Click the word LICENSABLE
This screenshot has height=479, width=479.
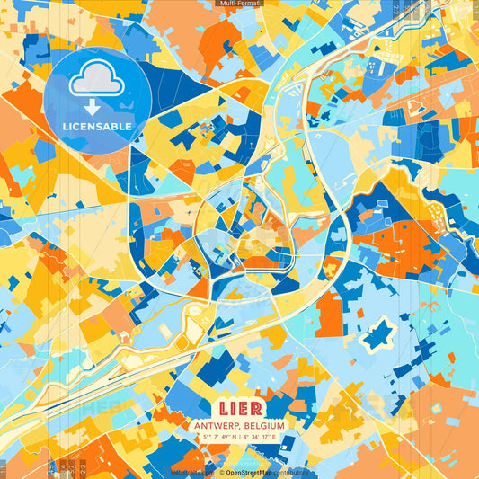click(x=96, y=127)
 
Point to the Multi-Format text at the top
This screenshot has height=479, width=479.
click(x=239, y=4)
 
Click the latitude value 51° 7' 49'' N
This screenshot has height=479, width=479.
click(x=218, y=438)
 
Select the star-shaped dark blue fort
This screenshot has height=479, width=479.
click(x=378, y=334)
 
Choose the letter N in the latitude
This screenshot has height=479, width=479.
click(x=235, y=438)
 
